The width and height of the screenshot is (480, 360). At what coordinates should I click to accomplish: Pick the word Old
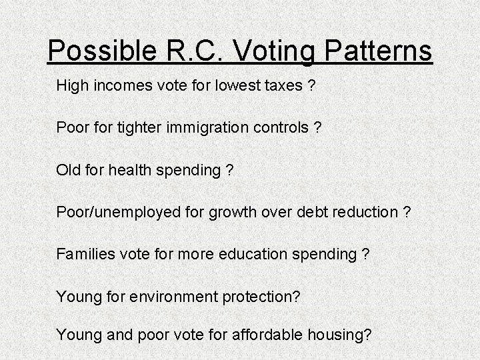pos(68,170)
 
